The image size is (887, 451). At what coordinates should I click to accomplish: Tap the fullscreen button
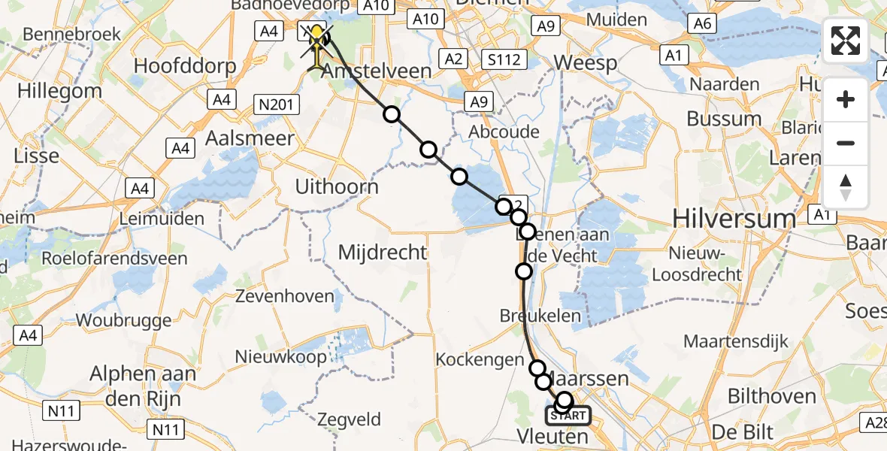click(x=846, y=41)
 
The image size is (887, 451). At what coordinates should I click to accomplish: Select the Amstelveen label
click(x=377, y=72)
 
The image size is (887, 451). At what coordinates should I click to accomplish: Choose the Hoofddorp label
click(x=184, y=65)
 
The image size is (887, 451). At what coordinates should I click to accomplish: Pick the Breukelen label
click(x=540, y=316)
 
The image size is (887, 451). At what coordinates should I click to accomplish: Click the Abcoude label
click(x=504, y=132)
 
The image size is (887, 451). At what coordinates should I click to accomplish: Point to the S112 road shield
click(x=504, y=59)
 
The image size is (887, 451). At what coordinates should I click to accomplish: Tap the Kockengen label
click(x=480, y=360)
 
